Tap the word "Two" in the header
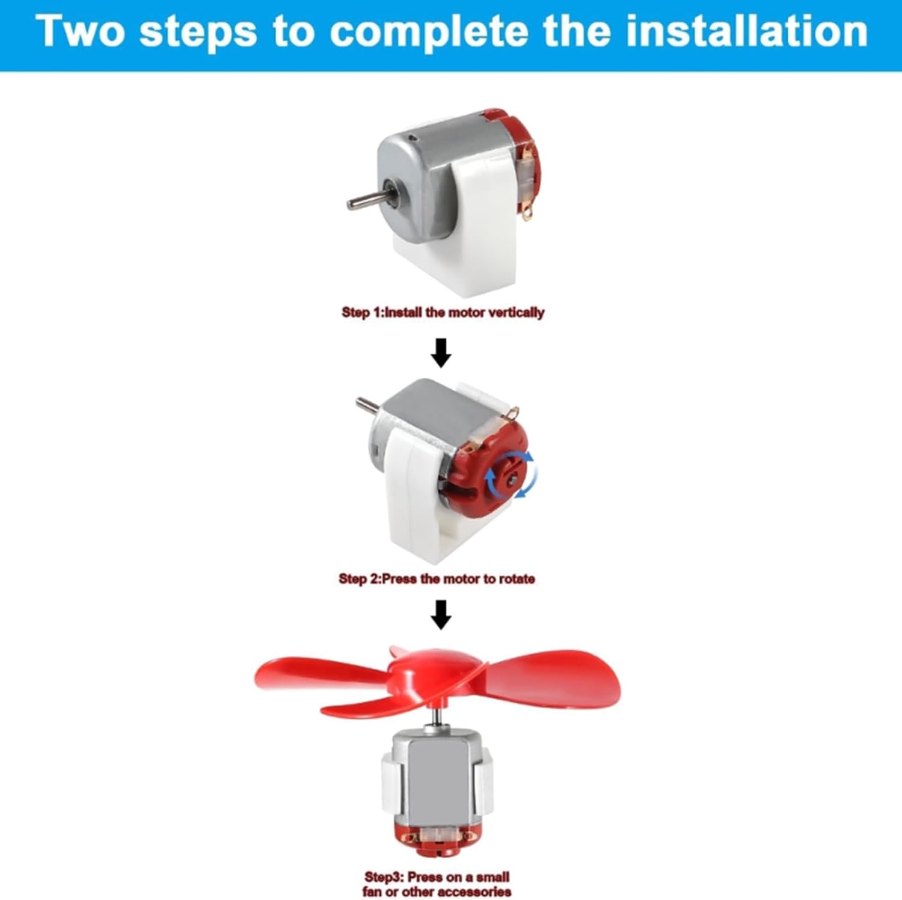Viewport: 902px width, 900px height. [x=81, y=31]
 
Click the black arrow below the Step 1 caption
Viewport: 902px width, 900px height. [x=441, y=353]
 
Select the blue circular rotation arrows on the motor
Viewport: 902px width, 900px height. [x=511, y=475]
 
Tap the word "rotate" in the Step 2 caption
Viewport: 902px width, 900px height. [x=517, y=579]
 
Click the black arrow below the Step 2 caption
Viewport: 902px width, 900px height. [x=441, y=614]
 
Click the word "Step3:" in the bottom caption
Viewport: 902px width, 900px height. [x=383, y=877]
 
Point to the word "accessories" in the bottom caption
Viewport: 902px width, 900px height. [x=476, y=892]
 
